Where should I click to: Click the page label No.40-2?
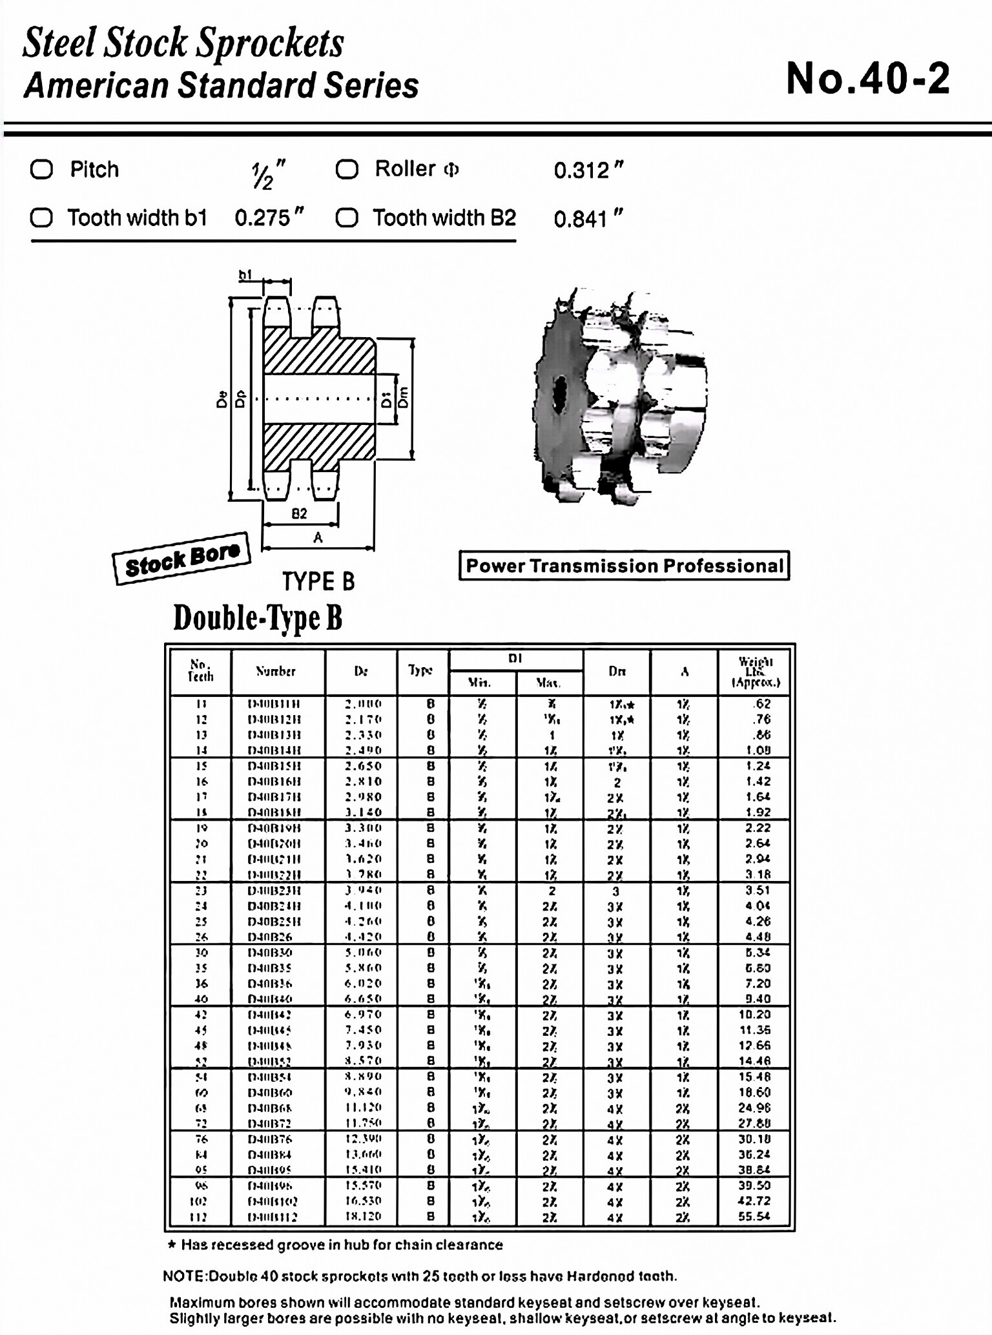(x=867, y=79)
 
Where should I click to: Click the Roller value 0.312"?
(x=588, y=171)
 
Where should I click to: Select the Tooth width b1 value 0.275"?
(x=269, y=218)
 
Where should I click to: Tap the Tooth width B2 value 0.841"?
(x=588, y=219)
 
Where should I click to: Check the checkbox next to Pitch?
(x=42, y=170)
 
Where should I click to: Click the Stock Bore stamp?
(x=181, y=559)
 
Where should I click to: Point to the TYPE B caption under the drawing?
(x=318, y=581)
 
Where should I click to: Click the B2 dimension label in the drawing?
(x=299, y=513)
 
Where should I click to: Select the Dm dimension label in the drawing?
(x=404, y=397)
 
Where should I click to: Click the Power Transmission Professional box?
(x=624, y=566)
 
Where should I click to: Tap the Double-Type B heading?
(x=257, y=617)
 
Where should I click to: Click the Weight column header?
(x=755, y=672)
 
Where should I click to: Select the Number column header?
(x=276, y=672)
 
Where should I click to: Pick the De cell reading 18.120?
(x=362, y=1216)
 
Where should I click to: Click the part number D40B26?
(x=270, y=937)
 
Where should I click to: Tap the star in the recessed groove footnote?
(x=172, y=1245)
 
